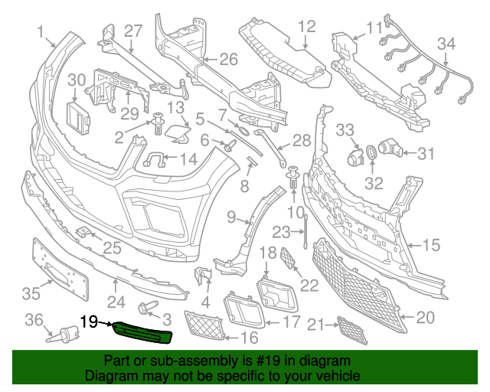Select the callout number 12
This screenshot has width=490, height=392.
[x=306, y=27]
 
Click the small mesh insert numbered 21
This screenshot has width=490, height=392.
[x=353, y=331]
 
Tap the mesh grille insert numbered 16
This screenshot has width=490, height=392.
[x=209, y=326]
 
